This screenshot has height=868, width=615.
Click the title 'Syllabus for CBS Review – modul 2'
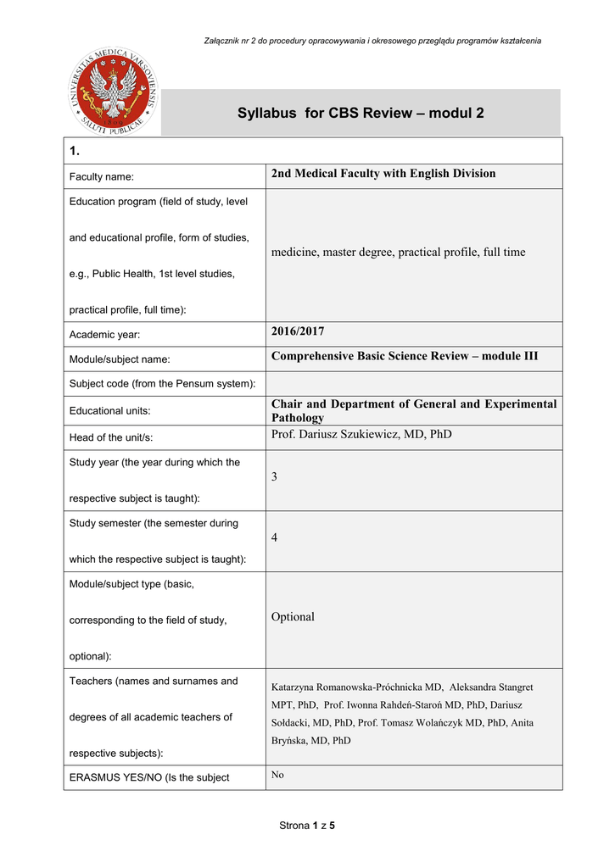(361, 113)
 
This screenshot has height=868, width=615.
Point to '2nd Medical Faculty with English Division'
(383, 174)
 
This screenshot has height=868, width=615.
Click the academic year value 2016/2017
(298, 331)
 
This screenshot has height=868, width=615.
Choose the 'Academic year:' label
(105, 335)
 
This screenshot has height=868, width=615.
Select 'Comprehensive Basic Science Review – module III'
(405, 356)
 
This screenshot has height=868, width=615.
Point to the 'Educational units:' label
(109, 410)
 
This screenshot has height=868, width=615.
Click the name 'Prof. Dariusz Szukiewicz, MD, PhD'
(361, 434)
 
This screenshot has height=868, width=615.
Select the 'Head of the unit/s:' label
(116, 437)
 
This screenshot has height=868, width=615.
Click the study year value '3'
(275, 477)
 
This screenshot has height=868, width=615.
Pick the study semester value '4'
(275, 538)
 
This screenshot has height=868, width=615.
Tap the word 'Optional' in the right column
(293, 617)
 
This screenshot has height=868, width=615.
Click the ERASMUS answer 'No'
(277, 775)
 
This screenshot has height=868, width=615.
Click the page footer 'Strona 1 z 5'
(307, 826)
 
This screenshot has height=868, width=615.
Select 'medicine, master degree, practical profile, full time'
(398, 252)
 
